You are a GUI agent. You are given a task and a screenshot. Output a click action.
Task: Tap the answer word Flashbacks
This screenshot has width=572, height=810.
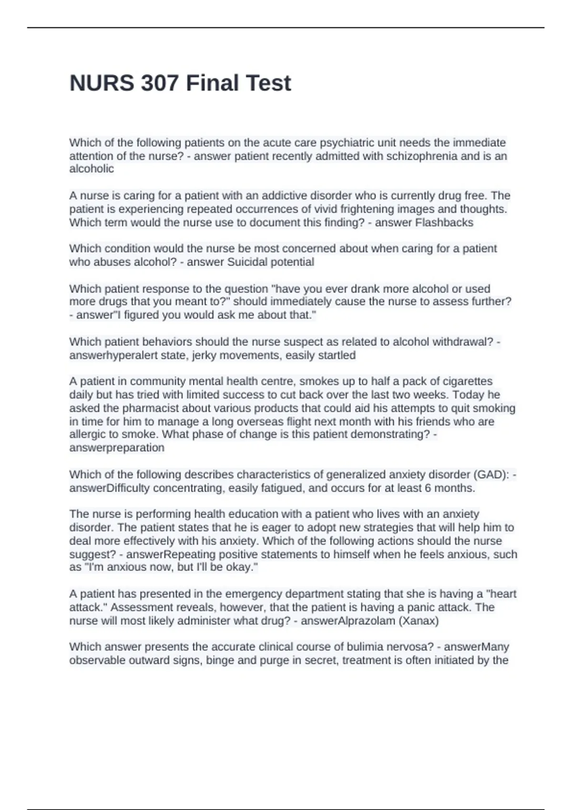tap(444, 223)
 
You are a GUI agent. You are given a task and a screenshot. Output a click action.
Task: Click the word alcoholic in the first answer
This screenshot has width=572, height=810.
tap(92, 169)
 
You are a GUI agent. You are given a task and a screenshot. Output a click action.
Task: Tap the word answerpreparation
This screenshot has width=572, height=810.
tap(117, 448)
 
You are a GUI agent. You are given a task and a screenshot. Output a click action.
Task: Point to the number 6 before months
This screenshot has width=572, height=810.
tap(433, 488)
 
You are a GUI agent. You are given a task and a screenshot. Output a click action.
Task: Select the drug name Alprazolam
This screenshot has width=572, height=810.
tap(366, 621)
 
